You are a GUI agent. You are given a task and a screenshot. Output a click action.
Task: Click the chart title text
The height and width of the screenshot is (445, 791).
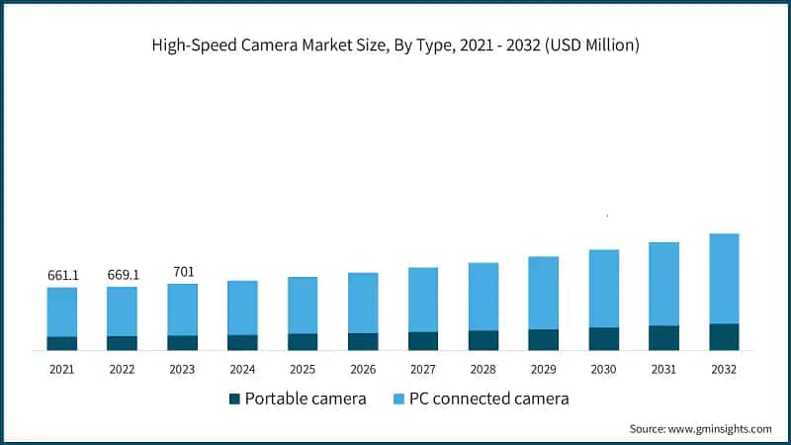tap(395, 46)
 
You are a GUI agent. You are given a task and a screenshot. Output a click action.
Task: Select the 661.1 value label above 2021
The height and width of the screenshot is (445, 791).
tap(62, 274)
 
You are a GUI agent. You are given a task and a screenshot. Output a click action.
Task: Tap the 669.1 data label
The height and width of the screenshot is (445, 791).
tap(123, 274)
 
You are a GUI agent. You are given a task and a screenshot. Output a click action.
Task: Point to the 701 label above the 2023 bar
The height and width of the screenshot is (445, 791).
tap(182, 270)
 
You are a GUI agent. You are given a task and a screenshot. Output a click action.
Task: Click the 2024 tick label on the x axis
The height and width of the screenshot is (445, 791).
tap(242, 368)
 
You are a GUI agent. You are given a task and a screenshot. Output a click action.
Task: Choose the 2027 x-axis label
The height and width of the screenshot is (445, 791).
tap(423, 368)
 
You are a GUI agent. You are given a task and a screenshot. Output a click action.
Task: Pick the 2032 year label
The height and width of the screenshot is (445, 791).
tap(724, 368)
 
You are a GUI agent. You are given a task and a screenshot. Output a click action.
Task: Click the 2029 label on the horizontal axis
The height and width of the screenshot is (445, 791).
tap(543, 368)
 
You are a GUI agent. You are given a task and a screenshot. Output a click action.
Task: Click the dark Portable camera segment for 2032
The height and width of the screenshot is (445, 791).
tap(724, 337)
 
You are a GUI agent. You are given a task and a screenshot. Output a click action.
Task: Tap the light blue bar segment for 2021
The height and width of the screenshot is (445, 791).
tap(62, 311)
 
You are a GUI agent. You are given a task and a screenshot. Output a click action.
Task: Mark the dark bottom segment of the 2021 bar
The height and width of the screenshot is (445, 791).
tap(62, 343)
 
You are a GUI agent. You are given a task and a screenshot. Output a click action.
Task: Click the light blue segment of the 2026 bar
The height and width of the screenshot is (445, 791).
tap(363, 303)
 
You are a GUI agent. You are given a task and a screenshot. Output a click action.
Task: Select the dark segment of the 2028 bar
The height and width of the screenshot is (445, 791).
tap(483, 340)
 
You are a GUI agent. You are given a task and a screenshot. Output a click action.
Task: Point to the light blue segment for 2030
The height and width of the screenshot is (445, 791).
tap(603, 288)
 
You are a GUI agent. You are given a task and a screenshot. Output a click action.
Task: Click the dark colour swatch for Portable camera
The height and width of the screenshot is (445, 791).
tap(233, 400)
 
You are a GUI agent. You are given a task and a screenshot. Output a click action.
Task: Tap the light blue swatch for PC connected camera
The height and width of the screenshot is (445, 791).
tap(399, 400)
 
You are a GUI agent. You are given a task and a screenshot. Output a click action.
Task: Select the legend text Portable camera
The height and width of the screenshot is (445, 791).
tap(306, 400)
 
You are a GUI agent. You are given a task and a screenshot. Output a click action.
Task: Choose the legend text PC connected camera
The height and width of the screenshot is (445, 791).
tap(490, 400)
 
